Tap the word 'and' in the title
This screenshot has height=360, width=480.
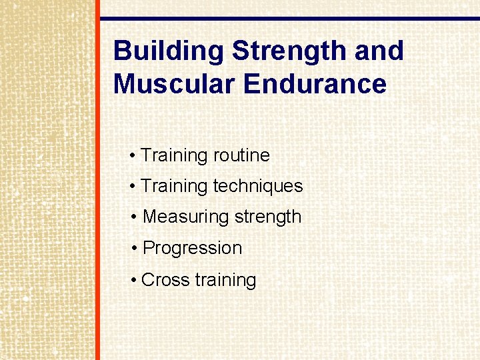[379, 51]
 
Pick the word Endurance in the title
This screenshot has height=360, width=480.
[315, 85]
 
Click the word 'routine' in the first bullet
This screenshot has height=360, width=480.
[241, 155]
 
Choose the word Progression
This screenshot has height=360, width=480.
[193, 248]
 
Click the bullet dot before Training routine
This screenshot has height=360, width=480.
[133, 156]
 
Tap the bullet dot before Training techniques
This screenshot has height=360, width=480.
[133, 187]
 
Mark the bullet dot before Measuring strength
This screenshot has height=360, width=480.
[135, 217]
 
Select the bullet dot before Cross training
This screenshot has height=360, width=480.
[133, 280]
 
